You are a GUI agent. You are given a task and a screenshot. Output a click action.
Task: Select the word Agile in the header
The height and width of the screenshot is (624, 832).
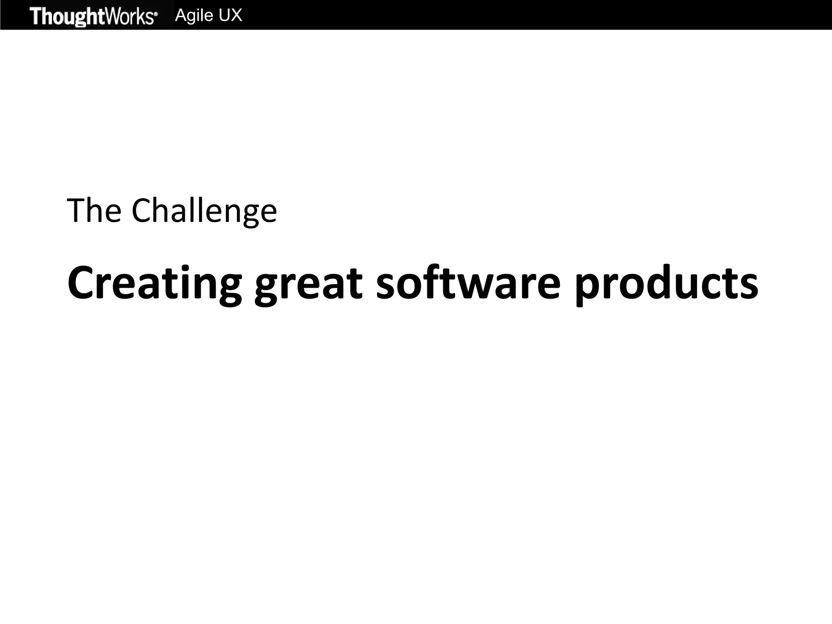click(x=194, y=15)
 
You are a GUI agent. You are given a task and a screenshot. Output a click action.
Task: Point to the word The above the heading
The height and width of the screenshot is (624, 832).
click(x=94, y=210)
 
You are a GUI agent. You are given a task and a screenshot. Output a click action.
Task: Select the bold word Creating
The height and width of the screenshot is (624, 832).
click(x=154, y=283)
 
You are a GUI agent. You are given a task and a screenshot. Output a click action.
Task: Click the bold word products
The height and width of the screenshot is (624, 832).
click(x=666, y=284)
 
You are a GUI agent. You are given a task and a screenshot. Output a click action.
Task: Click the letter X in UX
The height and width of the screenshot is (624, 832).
click(x=235, y=15)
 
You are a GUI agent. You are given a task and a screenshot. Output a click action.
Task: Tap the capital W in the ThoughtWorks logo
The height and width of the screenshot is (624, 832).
click(x=114, y=16)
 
